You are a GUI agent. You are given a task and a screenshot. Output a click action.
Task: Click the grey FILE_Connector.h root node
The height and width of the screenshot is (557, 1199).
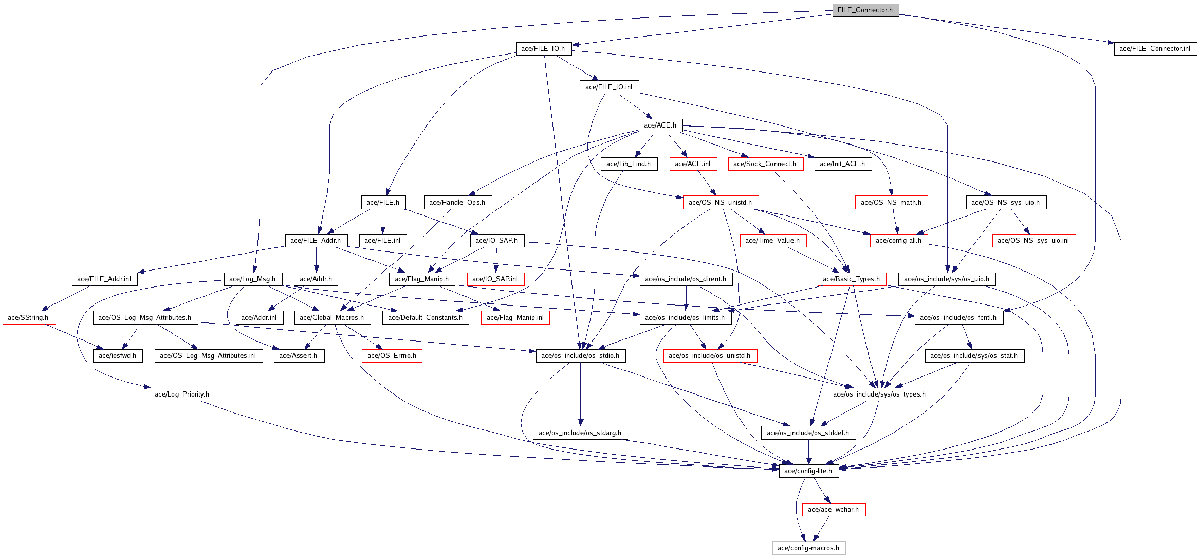click(865, 10)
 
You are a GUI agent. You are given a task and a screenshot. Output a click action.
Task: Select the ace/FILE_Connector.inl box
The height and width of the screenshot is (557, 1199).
click(1155, 49)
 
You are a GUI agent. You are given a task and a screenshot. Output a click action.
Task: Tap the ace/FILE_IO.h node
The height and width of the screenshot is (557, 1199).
click(543, 49)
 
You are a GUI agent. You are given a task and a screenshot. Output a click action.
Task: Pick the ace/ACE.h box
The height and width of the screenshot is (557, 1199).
click(660, 125)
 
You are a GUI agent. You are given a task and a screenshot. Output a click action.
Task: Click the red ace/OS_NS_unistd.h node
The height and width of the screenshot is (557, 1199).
click(720, 203)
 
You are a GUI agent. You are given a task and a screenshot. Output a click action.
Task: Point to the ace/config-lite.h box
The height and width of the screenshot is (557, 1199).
click(808, 471)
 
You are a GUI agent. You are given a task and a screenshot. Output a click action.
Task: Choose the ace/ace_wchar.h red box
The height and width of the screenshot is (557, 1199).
click(833, 510)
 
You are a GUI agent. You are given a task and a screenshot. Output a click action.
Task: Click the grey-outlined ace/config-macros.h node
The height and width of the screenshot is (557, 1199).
click(808, 548)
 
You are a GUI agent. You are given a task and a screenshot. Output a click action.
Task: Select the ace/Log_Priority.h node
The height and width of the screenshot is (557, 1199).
click(182, 394)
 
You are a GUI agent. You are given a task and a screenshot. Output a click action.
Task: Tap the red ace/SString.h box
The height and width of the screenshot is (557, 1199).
click(28, 318)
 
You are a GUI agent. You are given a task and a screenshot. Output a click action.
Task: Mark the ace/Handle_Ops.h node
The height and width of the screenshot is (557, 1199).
click(457, 203)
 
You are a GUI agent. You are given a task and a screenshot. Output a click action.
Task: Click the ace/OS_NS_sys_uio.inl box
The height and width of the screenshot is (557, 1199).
click(1034, 241)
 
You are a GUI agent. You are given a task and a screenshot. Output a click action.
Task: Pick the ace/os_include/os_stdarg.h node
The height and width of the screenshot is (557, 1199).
click(580, 433)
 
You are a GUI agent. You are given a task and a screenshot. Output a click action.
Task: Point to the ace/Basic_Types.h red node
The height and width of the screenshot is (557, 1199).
click(852, 279)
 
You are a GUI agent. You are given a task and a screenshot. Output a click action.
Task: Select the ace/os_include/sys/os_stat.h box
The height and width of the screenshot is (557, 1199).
click(974, 356)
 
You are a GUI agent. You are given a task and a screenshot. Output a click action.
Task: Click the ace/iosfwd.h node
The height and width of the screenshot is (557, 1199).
click(118, 356)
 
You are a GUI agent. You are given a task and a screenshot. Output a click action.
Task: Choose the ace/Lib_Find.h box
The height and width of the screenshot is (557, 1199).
click(629, 164)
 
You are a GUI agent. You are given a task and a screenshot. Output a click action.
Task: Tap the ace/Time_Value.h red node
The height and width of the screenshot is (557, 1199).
click(772, 241)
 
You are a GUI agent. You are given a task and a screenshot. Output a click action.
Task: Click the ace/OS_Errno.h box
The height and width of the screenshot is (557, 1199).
click(392, 356)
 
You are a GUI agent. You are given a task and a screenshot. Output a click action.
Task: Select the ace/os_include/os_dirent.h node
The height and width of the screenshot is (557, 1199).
click(686, 279)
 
